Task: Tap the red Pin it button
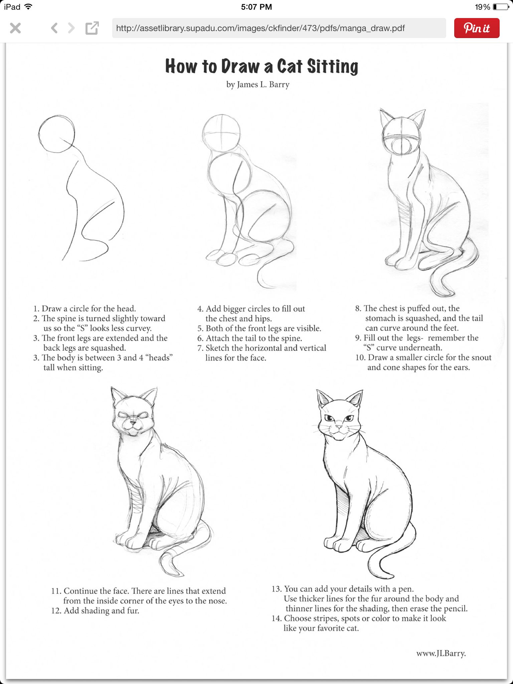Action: pos(477,28)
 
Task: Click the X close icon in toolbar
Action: pos(15,28)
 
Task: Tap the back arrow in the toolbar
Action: pos(54,28)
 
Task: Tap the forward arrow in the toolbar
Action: pos(71,28)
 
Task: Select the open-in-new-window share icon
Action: pos(92,28)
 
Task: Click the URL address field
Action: pos(279,28)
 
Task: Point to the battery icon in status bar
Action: pos(501,7)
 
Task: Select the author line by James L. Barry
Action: pos(258,84)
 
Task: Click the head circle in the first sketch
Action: pos(56,134)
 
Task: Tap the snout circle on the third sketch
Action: pos(402,146)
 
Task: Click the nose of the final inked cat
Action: pos(339,427)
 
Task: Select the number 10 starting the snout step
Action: pos(360,358)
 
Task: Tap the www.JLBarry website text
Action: pos(441,654)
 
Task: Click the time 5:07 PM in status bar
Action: pos(256,7)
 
